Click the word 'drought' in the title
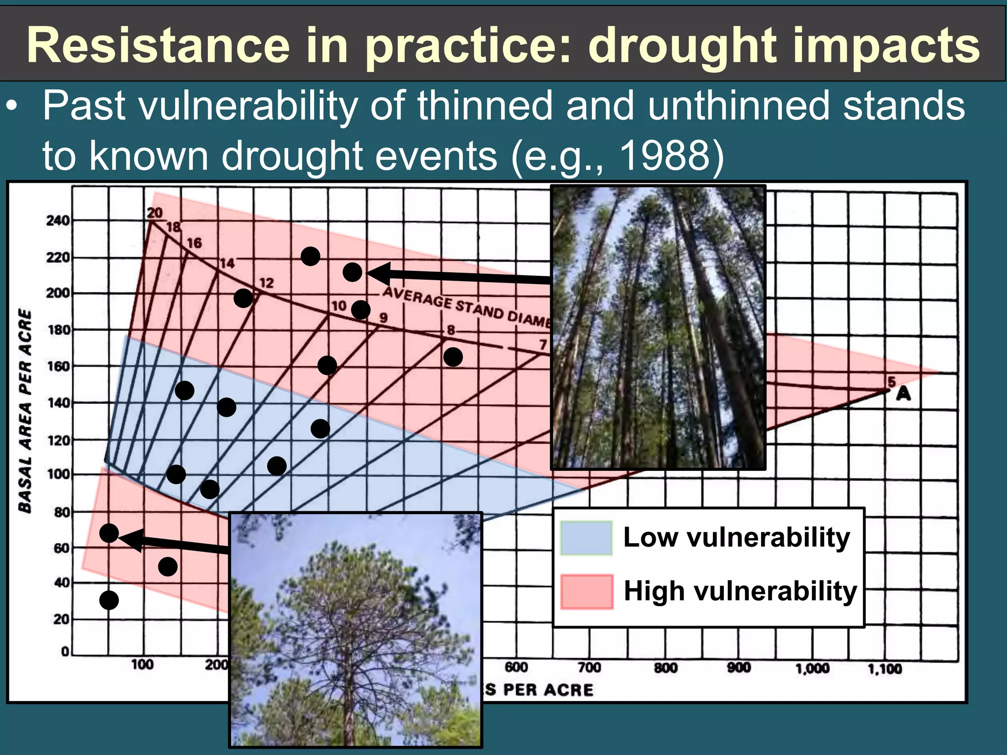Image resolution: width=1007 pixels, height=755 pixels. point(682,47)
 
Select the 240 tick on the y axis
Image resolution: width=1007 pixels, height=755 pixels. point(58,221)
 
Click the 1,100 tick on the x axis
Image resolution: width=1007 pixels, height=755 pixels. point(885,668)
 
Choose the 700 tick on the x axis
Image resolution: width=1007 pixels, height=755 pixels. point(589,668)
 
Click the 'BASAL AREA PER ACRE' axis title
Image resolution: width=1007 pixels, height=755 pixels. point(25,411)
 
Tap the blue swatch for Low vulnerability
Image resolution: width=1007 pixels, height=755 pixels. point(586,538)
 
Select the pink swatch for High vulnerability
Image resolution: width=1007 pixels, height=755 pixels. point(587,592)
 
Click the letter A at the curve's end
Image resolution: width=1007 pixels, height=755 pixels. point(903,394)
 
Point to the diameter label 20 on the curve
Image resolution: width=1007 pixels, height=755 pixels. point(154,213)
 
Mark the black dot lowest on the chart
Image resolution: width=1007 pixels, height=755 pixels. point(109,600)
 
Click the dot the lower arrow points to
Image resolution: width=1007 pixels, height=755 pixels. point(109,533)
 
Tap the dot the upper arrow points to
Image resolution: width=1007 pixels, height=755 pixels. point(352,272)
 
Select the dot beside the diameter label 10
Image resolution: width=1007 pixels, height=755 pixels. point(360,310)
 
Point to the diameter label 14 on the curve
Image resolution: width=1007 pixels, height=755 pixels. point(227,263)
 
